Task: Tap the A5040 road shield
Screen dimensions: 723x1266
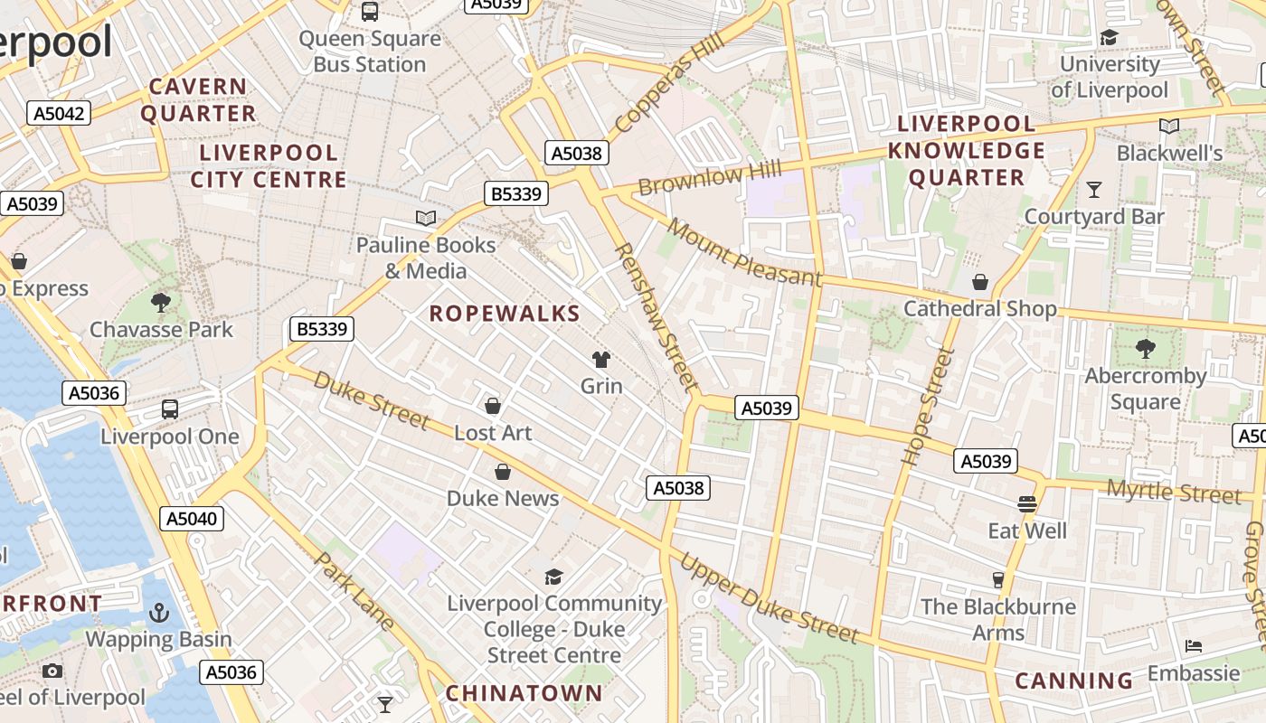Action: tap(191, 519)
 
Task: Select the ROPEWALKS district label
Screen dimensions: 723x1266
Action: tap(505, 314)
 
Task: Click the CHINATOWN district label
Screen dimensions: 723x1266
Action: tap(524, 693)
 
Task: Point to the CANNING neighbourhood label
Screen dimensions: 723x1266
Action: tap(1073, 681)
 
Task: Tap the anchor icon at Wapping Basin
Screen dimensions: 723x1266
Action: tap(159, 613)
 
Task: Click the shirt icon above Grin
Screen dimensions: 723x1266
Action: tap(601, 360)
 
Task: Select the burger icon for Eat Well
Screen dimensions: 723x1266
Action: tap(1026, 503)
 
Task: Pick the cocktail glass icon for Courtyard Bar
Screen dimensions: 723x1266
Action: tap(1094, 190)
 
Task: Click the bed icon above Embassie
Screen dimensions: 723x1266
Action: tap(1194, 646)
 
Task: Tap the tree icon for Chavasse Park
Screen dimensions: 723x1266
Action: tap(161, 302)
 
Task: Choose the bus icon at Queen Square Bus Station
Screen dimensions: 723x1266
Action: tap(370, 12)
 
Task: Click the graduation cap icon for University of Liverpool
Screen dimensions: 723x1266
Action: tap(1109, 37)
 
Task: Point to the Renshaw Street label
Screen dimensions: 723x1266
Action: tap(657, 316)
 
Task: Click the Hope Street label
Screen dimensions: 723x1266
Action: tap(929, 407)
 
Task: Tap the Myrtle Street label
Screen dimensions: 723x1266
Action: tap(1174, 493)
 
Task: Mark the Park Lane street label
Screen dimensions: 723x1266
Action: tap(354, 590)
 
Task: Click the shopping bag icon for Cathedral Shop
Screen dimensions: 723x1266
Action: tap(979, 282)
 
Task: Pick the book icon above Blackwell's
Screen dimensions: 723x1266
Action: tap(1169, 127)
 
